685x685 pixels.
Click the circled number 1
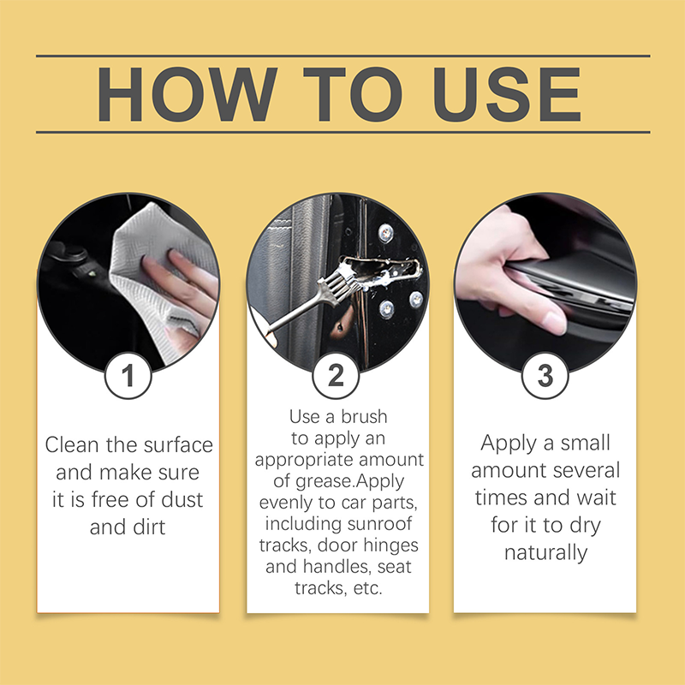tap(128, 377)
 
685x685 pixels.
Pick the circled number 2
tap(337, 377)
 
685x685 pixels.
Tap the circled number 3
tap(544, 377)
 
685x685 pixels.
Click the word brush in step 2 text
tap(362, 417)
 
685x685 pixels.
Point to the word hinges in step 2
tap(392, 545)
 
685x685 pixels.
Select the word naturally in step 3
tap(545, 552)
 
